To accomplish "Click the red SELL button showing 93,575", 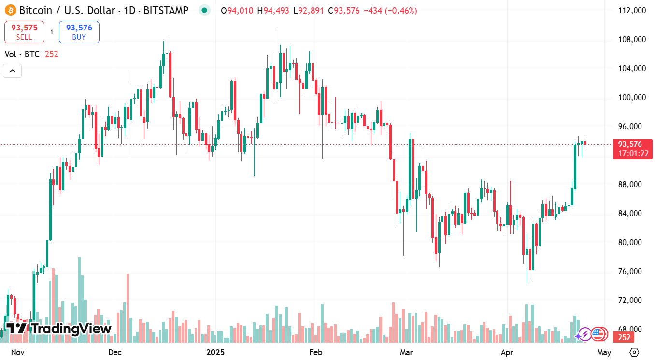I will pyautogui.click(x=24, y=32).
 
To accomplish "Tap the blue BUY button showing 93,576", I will pyautogui.click(x=79, y=32).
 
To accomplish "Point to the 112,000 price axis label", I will pyautogui.click(x=632, y=10).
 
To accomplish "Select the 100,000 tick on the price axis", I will pyautogui.click(x=632, y=97).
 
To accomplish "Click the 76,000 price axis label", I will pyautogui.click(x=632, y=271).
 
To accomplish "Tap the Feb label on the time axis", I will pyautogui.click(x=315, y=352).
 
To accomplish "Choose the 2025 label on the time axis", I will pyautogui.click(x=216, y=352).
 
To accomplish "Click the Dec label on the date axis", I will pyautogui.click(x=115, y=352).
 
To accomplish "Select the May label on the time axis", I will pyautogui.click(x=604, y=352).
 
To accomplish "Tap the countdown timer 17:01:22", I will pyautogui.click(x=632, y=154).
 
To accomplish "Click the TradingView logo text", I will pyautogui.click(x=58, y=329).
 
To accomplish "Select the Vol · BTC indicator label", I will pyautogui.click(x=22, y=54).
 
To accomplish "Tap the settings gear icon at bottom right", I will pyautogui.click(x=635, y=352).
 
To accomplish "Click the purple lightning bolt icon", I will pyautogui.click(x=584, y=334).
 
